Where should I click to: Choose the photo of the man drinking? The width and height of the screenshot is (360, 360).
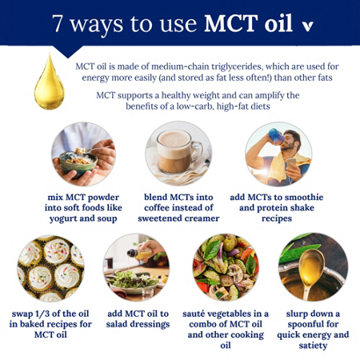277,155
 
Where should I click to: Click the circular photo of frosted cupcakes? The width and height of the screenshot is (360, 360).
50,266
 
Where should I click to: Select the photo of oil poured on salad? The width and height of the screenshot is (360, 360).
136,266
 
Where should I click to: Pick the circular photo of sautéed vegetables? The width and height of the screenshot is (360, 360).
225,266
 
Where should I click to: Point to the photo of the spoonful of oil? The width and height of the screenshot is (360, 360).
311,266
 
